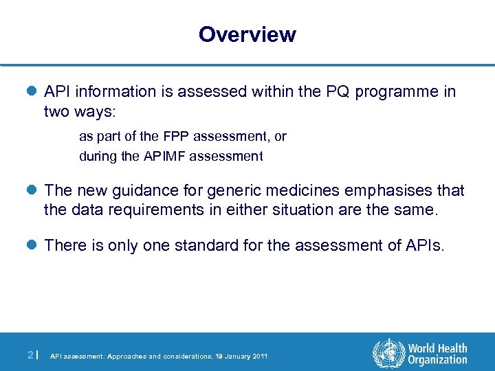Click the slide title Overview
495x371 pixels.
coord(247,34)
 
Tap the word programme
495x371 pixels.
coord(395,92)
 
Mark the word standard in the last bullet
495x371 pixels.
coord(199,246)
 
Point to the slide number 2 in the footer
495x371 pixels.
coord(30,355)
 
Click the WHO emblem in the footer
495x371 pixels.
coord(388,355)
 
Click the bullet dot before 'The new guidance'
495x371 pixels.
coord(34,190)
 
